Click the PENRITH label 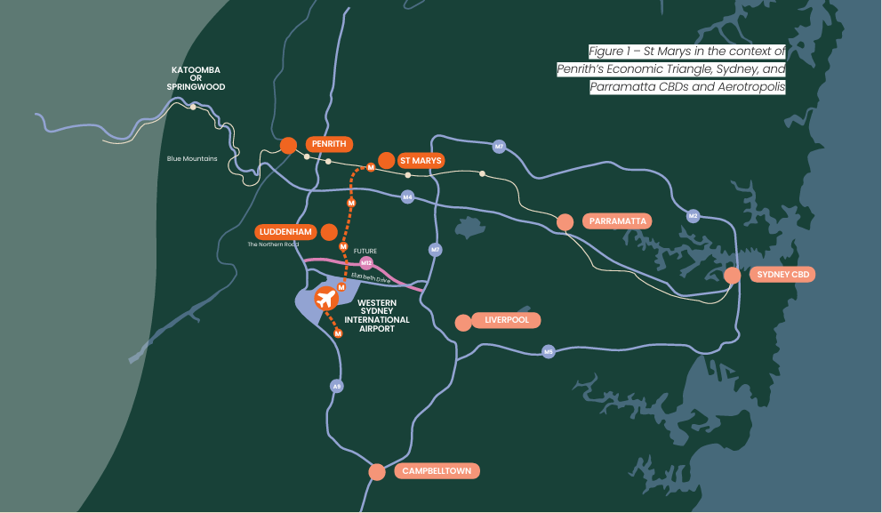(x=330, y=143)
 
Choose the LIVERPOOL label (x=507, y=320)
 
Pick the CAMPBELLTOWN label (x=436, y=471)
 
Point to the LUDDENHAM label (x=285, y=232)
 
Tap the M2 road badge (x=693, y=216)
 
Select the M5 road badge (x=549, y=352)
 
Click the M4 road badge (x=407, y=196)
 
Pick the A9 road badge (x=336, y=387)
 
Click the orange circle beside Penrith (x=287, y=145)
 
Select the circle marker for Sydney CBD (x=732, y=276)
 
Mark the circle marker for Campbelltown (x=377, y=472)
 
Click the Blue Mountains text (x=192, y=159)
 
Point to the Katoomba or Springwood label (x=196, y=78)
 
